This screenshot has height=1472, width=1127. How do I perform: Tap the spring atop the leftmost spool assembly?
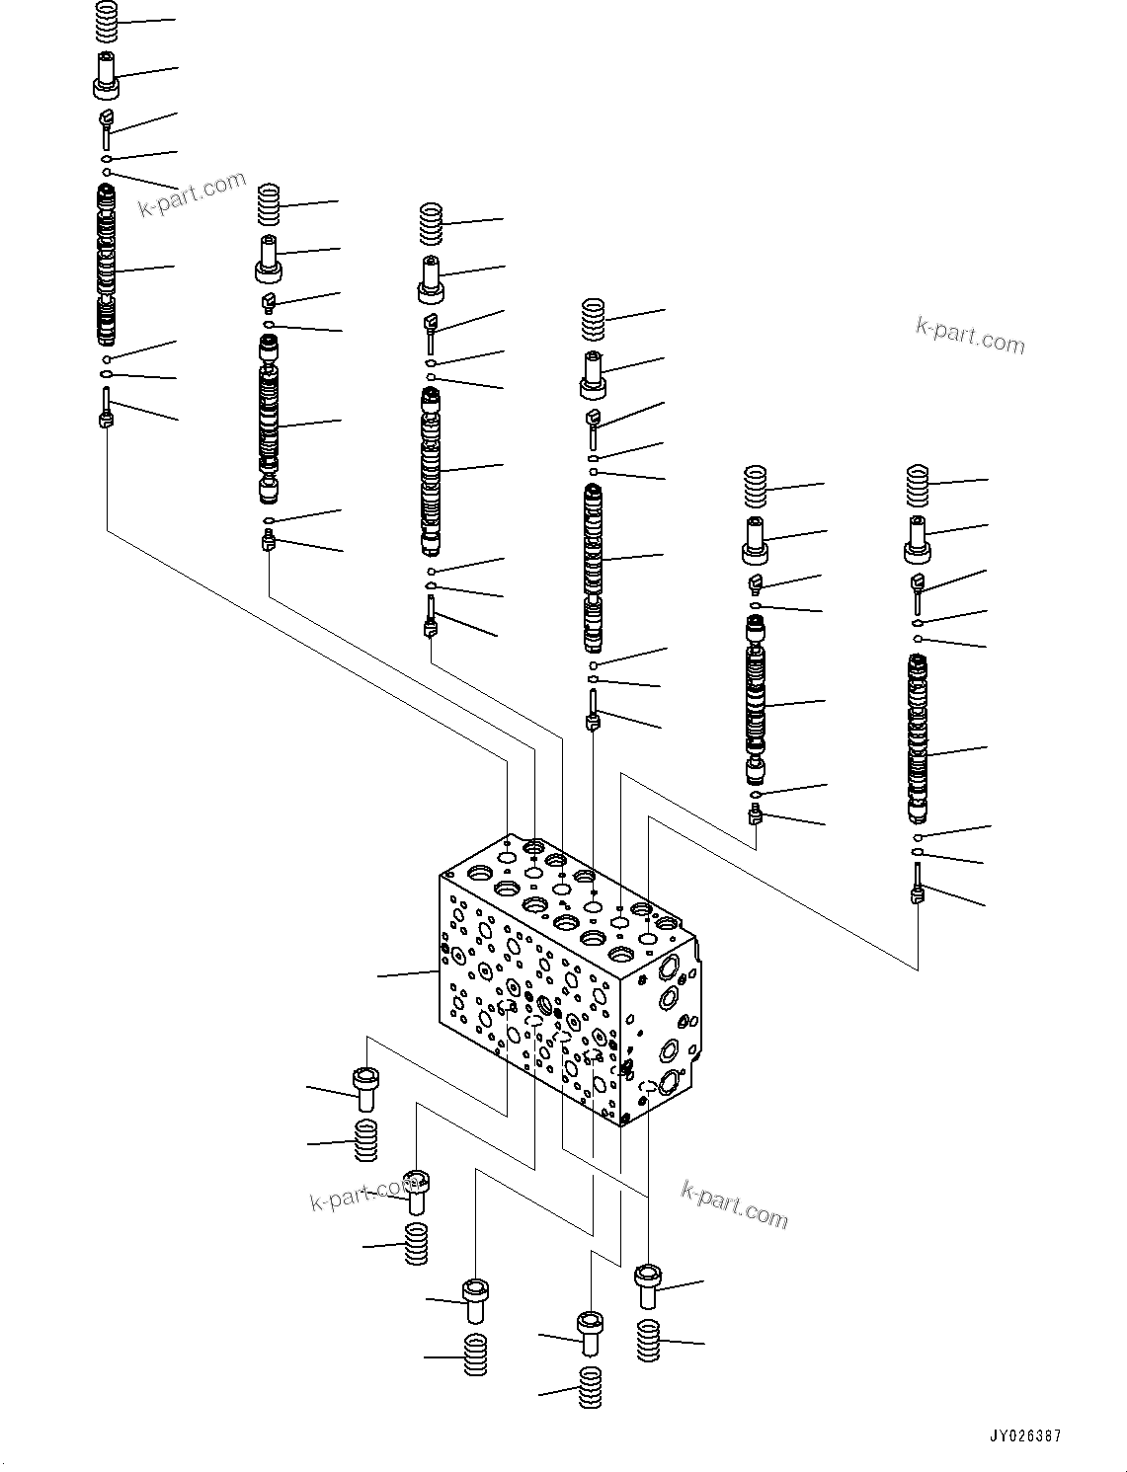pyautogui.click(x=107, y=21)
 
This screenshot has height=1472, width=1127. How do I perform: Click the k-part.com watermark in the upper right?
pyautogui.click(x=970, y=336)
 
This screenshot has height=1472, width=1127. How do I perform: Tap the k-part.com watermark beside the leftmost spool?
pyautogui.click(x=192, y=194)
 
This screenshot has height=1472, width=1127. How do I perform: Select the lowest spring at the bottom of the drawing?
pyautogui.click(x=590, y=1387)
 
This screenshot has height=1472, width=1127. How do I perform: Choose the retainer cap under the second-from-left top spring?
pyautogui.click(x=269, y=259)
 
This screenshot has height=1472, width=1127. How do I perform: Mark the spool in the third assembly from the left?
pyautogui.click(x=431, y=472)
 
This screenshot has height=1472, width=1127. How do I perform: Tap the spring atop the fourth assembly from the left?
pyautogui.click(x=593, y=319)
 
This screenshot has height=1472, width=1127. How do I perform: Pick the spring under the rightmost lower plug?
pyautogui.click(x=648, y=1340)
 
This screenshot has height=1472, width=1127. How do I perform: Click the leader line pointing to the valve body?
pyautogui.click(x=407, y=975)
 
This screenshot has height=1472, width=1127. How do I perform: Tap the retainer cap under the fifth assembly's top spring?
pyautogui.click(x=756, y=541)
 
